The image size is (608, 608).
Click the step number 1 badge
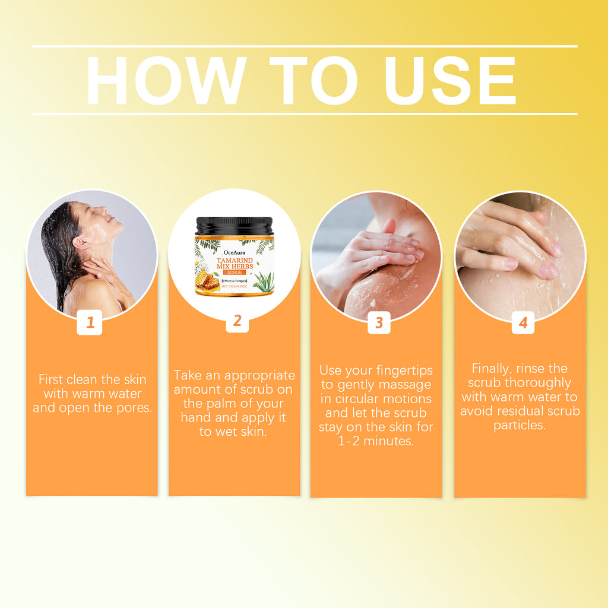tap(90, 323)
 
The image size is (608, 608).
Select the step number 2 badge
tap(237, 321)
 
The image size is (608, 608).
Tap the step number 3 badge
tap(379, 323)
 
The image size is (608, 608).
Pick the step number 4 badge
tap(522, 323)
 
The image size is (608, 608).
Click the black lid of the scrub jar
tap(235, 226)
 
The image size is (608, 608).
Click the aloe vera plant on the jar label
tap(263, 281)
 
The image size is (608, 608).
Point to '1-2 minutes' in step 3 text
tap(376, 441)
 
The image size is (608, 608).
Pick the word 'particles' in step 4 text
tap(519, 425)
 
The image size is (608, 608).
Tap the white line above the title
tap(304, 46)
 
